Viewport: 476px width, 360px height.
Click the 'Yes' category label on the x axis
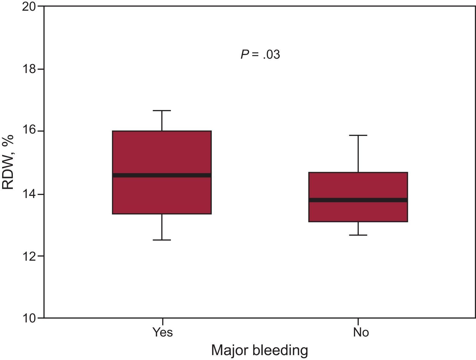pos(163,332)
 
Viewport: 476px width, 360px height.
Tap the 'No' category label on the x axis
pos(361,332)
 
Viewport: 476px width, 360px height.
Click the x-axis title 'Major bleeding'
pos(260,351)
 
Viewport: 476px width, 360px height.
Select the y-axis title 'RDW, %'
pos(8,162)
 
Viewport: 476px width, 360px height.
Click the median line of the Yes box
pos(162,175)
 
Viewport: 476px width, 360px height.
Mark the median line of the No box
pos(358,200)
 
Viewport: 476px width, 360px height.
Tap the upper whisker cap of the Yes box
pos(162,110)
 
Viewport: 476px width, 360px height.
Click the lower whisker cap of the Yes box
pos(162,240)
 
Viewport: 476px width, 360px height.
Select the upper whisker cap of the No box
pos(358,135)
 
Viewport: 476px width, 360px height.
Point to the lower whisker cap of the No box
pos(358,235)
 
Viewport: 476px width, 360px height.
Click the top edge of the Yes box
pos(162,131)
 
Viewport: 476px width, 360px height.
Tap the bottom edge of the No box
pos(358,222)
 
